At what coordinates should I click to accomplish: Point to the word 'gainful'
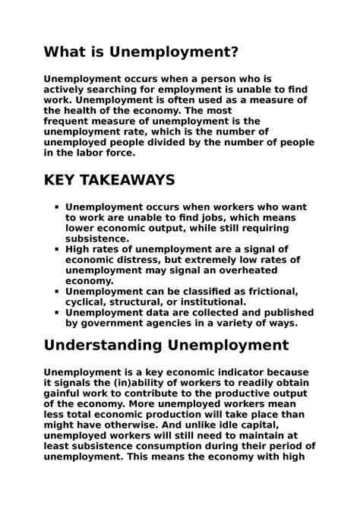(65, 394)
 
